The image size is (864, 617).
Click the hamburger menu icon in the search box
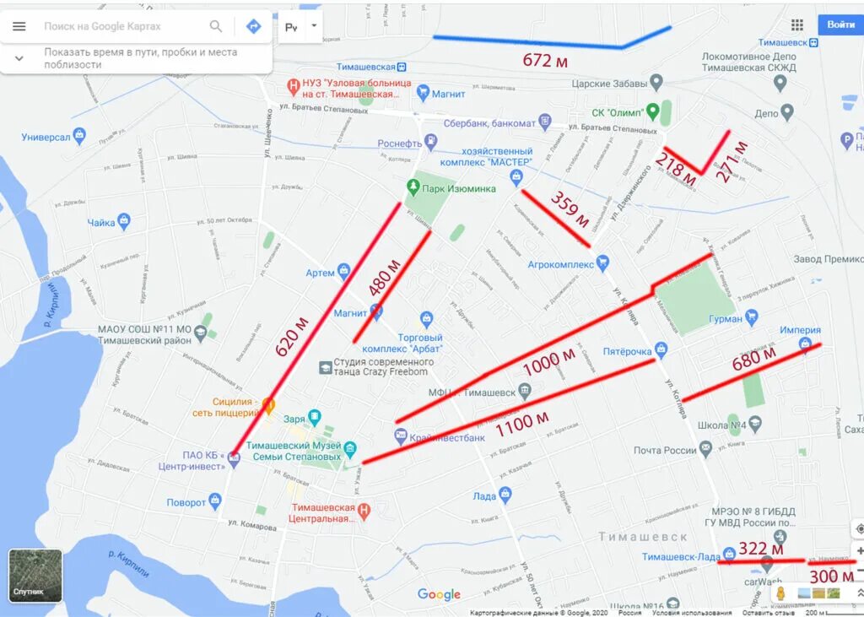[x=19, y=26]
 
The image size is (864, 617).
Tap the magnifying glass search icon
[x=216, y=26]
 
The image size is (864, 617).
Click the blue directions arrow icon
[x=253, y=26]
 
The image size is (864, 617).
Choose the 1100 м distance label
[x=521, y=423]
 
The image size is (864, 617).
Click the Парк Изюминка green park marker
[x=413, y=187]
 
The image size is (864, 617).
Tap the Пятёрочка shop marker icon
[x=661, y=349]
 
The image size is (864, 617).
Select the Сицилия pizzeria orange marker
[x=268, y=406]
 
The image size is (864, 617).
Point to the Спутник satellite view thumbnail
[x=35, y=576]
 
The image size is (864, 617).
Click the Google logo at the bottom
[x=439, y=594]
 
